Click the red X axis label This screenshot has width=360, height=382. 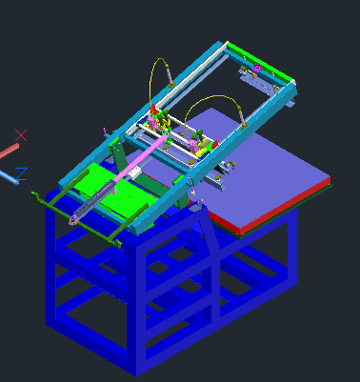[21, 135]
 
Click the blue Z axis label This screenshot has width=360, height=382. [22, 173]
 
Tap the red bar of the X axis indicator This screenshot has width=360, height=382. [9, 151]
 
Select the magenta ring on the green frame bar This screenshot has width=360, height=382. [257, 69]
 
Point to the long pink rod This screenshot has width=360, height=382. [140, 159]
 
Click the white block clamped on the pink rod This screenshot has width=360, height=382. [133, 173]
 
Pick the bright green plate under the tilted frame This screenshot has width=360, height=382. [110, 191]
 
